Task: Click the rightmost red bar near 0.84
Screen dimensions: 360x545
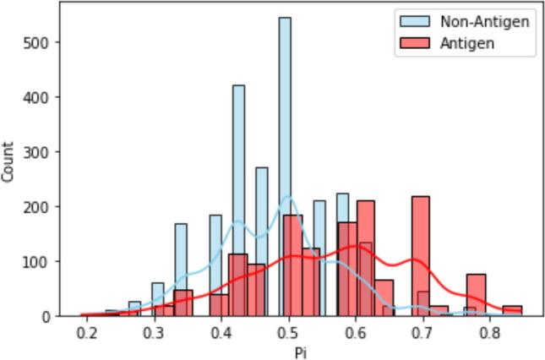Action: coord(512,310)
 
